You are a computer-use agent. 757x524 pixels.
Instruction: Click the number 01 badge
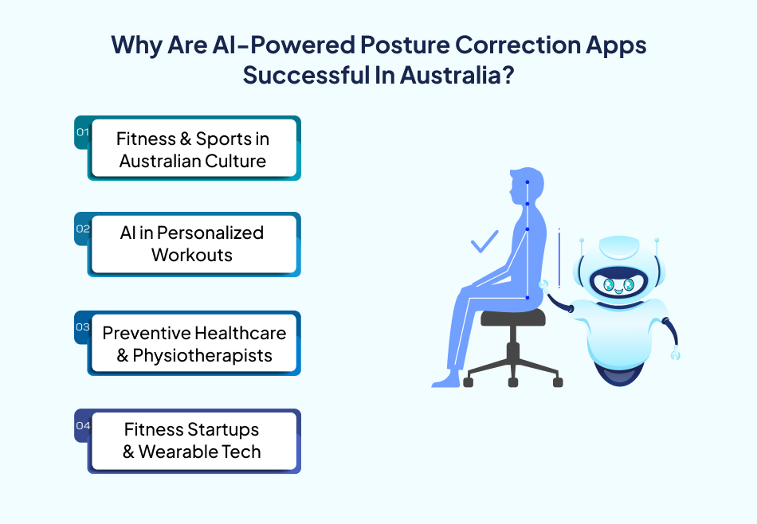click(81, 133)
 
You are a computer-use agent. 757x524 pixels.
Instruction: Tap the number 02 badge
click(83, 229)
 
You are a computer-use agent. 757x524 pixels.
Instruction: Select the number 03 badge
click(82, 327)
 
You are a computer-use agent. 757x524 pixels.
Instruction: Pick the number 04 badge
click(83, 425)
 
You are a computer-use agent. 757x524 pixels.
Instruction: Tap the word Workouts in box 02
click(192, 255)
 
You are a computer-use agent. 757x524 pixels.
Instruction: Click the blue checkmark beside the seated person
click(484, 241)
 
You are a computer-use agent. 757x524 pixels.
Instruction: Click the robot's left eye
click(607, 284)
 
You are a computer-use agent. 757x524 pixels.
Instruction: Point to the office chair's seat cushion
click(513, 317)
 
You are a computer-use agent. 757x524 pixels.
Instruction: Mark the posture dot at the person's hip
click(528, 298)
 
